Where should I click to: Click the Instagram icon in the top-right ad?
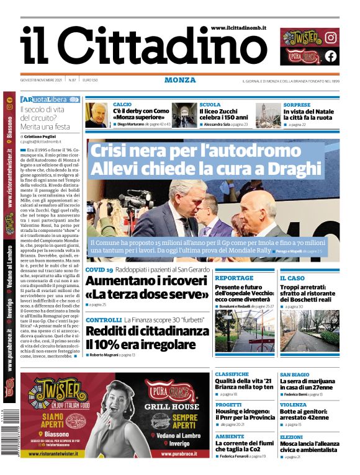click(331, 37)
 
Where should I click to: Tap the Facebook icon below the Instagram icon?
click(331, 56)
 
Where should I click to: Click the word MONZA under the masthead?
click(180, 80)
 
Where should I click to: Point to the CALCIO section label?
click(122, 105)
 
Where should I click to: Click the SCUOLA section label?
click(210, 105)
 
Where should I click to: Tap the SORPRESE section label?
click(297, 105)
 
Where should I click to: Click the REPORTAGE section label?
click(234, 278)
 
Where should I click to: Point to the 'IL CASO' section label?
click(292, 278)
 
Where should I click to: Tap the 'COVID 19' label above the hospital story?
click(99, 270)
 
